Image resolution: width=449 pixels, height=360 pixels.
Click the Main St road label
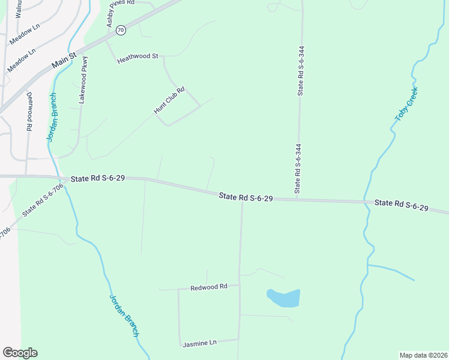point(65,59)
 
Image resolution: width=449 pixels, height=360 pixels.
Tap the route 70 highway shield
point(121,29)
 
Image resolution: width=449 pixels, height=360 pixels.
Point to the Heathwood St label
point(137,58)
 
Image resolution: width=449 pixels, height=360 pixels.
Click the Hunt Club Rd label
point(169,101)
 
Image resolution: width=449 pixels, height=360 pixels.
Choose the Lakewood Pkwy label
point(84,80)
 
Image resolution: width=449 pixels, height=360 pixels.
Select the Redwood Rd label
point(208,287)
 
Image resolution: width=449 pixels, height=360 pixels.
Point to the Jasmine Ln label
point(199,343)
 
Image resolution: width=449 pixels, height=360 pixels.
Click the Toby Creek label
point(406,104)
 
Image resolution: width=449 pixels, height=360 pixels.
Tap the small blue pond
point(283,298)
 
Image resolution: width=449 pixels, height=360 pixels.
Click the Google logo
point(20,353)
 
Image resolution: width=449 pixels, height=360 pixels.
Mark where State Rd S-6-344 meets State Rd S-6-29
point(297,197)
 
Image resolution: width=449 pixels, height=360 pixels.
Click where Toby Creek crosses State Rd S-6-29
point(364,202)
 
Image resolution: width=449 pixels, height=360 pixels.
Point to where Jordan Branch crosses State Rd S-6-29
point(62,177)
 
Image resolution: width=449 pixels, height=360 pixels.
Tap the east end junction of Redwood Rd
point(240,286)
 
